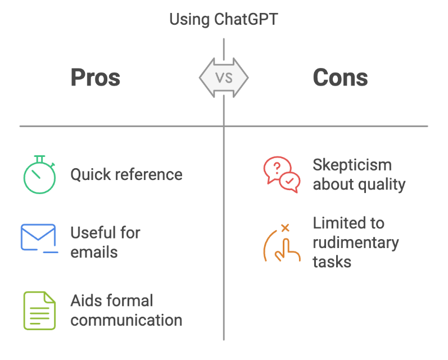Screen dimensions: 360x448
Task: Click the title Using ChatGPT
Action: (x=224, y=20)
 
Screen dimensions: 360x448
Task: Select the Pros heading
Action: (x=96, y=78)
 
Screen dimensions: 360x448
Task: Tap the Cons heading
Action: (x=340, y=78)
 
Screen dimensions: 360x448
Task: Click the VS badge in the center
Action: (x=224, y=78)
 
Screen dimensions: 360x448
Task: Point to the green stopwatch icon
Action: (x=39, y=174)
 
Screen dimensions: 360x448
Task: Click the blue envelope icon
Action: (x=39, y=237)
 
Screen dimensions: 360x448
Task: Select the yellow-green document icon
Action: (x=39, y=310)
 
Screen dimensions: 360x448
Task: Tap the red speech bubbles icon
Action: (x=281, y=175)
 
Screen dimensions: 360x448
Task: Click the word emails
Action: (x=94, y=251)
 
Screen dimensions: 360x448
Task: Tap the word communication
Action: (x=126, y=320)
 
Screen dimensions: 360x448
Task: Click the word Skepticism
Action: (x=352, y=165)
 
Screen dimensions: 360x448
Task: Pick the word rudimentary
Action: (x=355, y=242)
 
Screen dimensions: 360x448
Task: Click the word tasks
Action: (x=332, y=262)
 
